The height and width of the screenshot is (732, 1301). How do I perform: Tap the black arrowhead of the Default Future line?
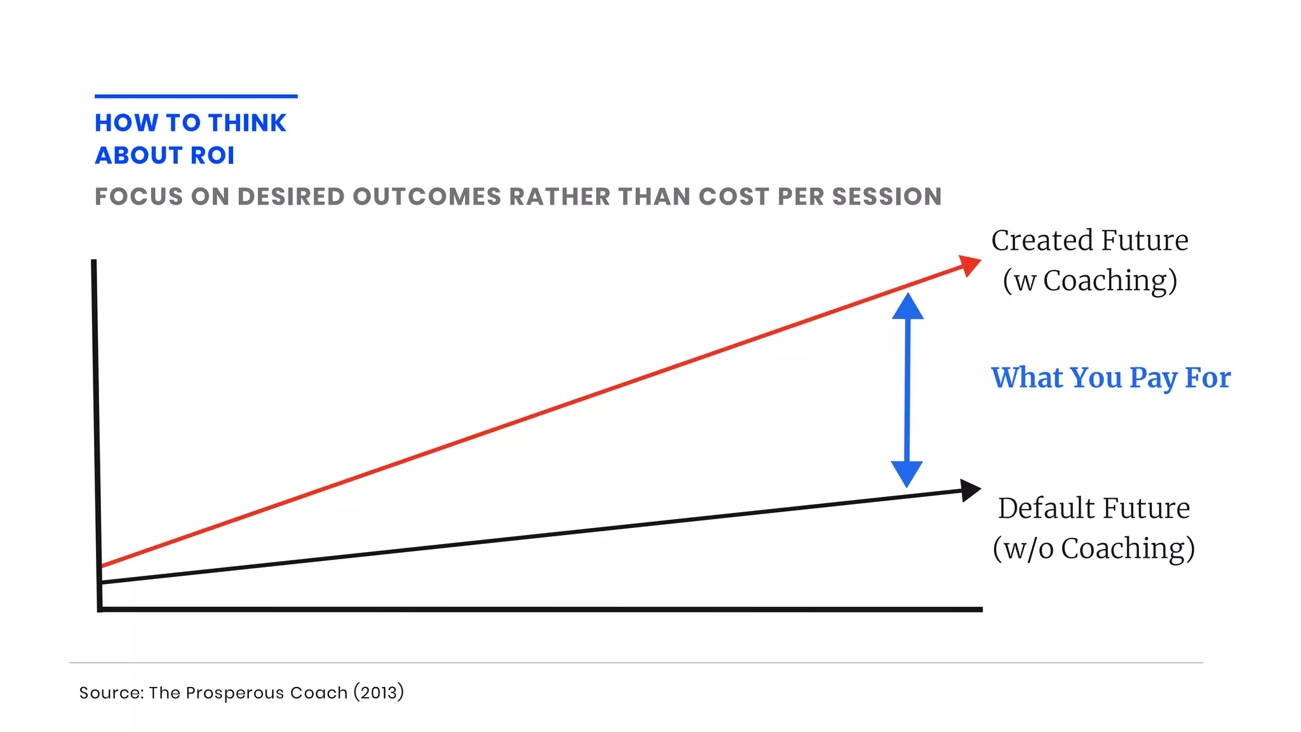tap(969, 490)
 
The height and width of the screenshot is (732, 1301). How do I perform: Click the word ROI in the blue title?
tap(213, 156)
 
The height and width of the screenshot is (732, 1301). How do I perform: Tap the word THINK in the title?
tap(247, 123)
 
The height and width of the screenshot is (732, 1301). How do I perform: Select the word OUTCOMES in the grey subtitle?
tap(427, 197)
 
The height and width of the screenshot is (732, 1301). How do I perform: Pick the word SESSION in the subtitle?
tap(887, 197)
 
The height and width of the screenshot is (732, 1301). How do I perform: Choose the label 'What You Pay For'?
tap(1110, 378)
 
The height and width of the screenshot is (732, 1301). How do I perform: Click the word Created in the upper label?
tap(1042, 241)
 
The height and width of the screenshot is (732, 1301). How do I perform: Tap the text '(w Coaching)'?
tap(1090, 281)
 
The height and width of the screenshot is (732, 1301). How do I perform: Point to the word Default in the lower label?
tap(1046, 508)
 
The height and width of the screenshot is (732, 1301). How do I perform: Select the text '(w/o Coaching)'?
tap(1093, 548)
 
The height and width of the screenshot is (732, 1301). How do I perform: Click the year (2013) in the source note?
tap(379, 693)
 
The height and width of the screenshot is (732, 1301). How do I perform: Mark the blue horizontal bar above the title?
tap(196, 97)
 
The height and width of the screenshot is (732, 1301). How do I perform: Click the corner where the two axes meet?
tap(100, 609)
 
